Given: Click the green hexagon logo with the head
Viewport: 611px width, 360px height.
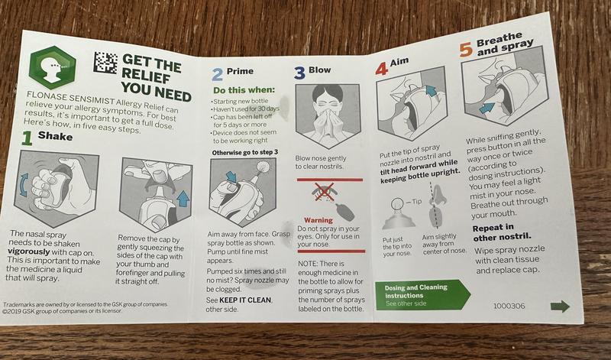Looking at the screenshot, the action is pyautogui.click(x=53, y=67).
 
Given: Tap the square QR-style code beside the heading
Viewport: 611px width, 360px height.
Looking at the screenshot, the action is pyautogui.click(x=105, y=63).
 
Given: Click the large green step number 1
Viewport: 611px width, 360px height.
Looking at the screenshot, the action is pyautogui.click(x=27, y=138).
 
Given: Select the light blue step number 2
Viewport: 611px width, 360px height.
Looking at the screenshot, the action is pyautogui.click(x=218, y=74).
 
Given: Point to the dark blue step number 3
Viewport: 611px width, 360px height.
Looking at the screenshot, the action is pyautogui.click(x=299, y=73).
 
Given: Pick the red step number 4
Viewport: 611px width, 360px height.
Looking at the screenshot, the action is pyautogui.click(x=382, y=68).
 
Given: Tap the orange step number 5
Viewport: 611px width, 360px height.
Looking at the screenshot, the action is pyautogui.click(x=466, y=50).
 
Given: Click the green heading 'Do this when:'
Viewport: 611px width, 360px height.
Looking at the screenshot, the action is pyautogui.click(x=244, y=90).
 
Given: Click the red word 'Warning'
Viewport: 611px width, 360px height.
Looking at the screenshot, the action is pyautogui.click(x=318, y=220).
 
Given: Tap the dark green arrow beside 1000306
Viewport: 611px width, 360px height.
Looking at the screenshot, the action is pyautogui.click(x=560, y=306).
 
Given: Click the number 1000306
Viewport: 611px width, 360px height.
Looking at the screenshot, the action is pyautogui.click(x=509, y=306).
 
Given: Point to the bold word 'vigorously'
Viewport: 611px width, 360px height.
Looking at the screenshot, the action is pyautogui.click(x=29, y=251).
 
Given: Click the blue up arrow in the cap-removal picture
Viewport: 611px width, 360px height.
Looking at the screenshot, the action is pyautogui.click(x=183, y=198).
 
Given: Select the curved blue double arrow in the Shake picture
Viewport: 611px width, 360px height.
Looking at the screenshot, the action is pyautogui.click(x=24, y=184).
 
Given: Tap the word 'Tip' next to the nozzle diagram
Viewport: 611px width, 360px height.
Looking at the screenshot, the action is pyautogui.click(x=416, y=201).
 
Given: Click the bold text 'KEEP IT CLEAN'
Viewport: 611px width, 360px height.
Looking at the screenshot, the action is pyautogui.click(x=245, y=300).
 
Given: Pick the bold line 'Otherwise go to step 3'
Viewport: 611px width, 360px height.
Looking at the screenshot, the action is pyautogui.click(x=245, y=153).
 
